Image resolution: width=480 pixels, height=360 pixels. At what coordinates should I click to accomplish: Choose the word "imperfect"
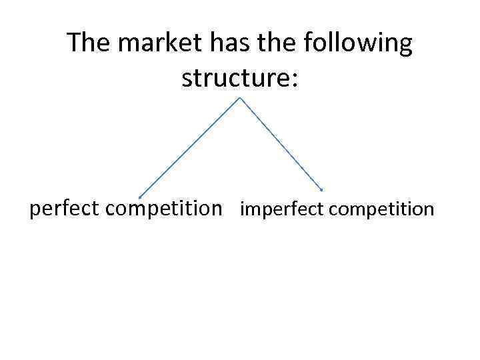click(282, 209)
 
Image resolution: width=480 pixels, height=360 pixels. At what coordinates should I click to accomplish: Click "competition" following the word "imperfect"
click(381, 209)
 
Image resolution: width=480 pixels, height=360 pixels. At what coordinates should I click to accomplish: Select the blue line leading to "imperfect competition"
click(281, 144)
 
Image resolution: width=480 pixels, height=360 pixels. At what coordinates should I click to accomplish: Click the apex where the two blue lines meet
click(239, 98)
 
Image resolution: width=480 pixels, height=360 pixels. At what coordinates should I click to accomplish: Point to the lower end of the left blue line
click(139, 197)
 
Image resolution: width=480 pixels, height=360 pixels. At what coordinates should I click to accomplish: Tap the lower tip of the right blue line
click(322, 191)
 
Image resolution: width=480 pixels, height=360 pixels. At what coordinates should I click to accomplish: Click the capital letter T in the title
click(74, 44)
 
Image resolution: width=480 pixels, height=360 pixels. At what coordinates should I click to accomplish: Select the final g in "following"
click(405, 47)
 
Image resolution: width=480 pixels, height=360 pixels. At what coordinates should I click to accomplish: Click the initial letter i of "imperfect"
click(243, 209)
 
